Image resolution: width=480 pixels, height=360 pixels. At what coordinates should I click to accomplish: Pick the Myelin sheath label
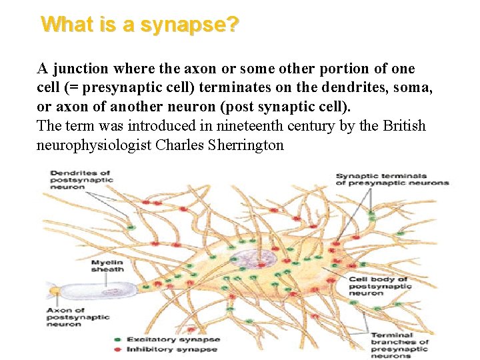coord(106,266)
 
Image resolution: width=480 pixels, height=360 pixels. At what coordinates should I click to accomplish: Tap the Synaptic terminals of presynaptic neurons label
coord(392,179)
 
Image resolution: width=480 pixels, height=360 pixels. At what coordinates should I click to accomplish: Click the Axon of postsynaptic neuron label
coord(77,317)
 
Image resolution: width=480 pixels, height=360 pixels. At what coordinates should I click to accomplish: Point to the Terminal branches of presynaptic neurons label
coord(399,345)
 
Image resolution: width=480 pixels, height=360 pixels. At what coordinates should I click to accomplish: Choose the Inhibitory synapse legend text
coord(171,349)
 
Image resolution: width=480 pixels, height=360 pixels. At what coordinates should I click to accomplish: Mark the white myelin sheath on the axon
coord(101,291)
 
